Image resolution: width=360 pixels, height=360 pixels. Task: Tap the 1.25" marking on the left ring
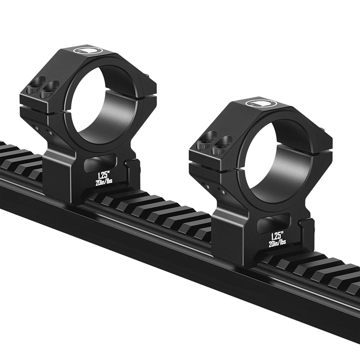pyautogui.click(x=103, y=176)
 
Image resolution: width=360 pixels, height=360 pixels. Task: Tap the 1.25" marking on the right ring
pyautogui.click(x=278, y=236)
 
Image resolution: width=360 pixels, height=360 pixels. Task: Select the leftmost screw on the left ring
pyautogui.click(x=34, y=89)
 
